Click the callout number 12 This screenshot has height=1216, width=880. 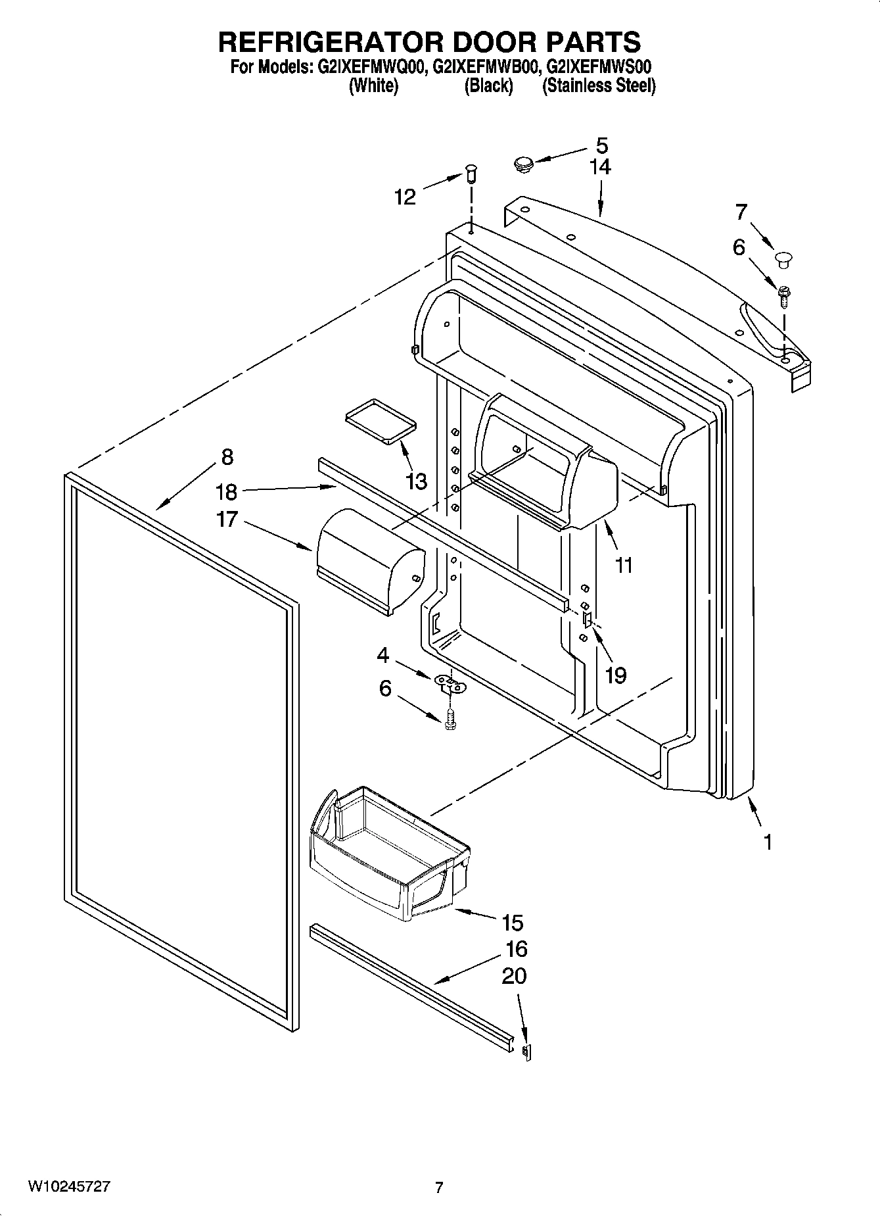pyautogui.click(x=405, y=197)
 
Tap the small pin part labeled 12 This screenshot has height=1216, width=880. pyautogui.click(x=471, y=175)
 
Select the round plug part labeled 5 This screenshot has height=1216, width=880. pyautogui.click(x=523, y=163)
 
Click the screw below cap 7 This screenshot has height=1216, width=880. pyautogui.click(x=784, y=295)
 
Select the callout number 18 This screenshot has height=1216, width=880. pyautogui.click(x=227, y=491)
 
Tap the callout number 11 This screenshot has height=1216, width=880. pyautogui.click(x=623, y=564)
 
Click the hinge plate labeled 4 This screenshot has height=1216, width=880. pyautogui.click(x=450, y=684)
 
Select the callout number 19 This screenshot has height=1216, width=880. pyautogui.click(x=616, y=675)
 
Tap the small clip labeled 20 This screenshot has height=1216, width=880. pyautogui.click(x=526, y=1052)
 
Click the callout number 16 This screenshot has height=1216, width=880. pyautogui.click(x=517, y=949)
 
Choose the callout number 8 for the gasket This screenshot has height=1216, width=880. pyautogui.click(x=227, y=456)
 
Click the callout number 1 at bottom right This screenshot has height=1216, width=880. pyautogui.click(x=767, y=842)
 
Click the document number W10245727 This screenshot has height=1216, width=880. pyautogui.click(x=69, y=1187)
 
